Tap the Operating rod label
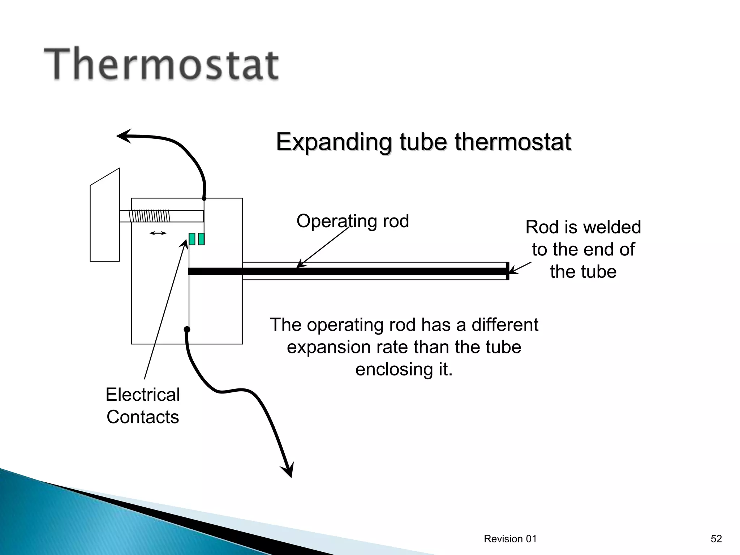click(x=353, y=221)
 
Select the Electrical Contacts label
click(x=143, y=405)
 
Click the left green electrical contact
click(x=192, y=239)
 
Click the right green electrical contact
click(x=201, y=239)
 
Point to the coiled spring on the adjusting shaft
click(x=149, y=216)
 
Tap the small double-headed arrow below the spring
click(x=158, y=233)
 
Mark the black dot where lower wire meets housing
click(x=187, y=329)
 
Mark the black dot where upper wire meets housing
click(x=204, y=199)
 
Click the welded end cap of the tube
click(x=507, y=271)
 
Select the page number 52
click(x=716, y=539)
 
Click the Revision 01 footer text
click(x=510, y=539)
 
